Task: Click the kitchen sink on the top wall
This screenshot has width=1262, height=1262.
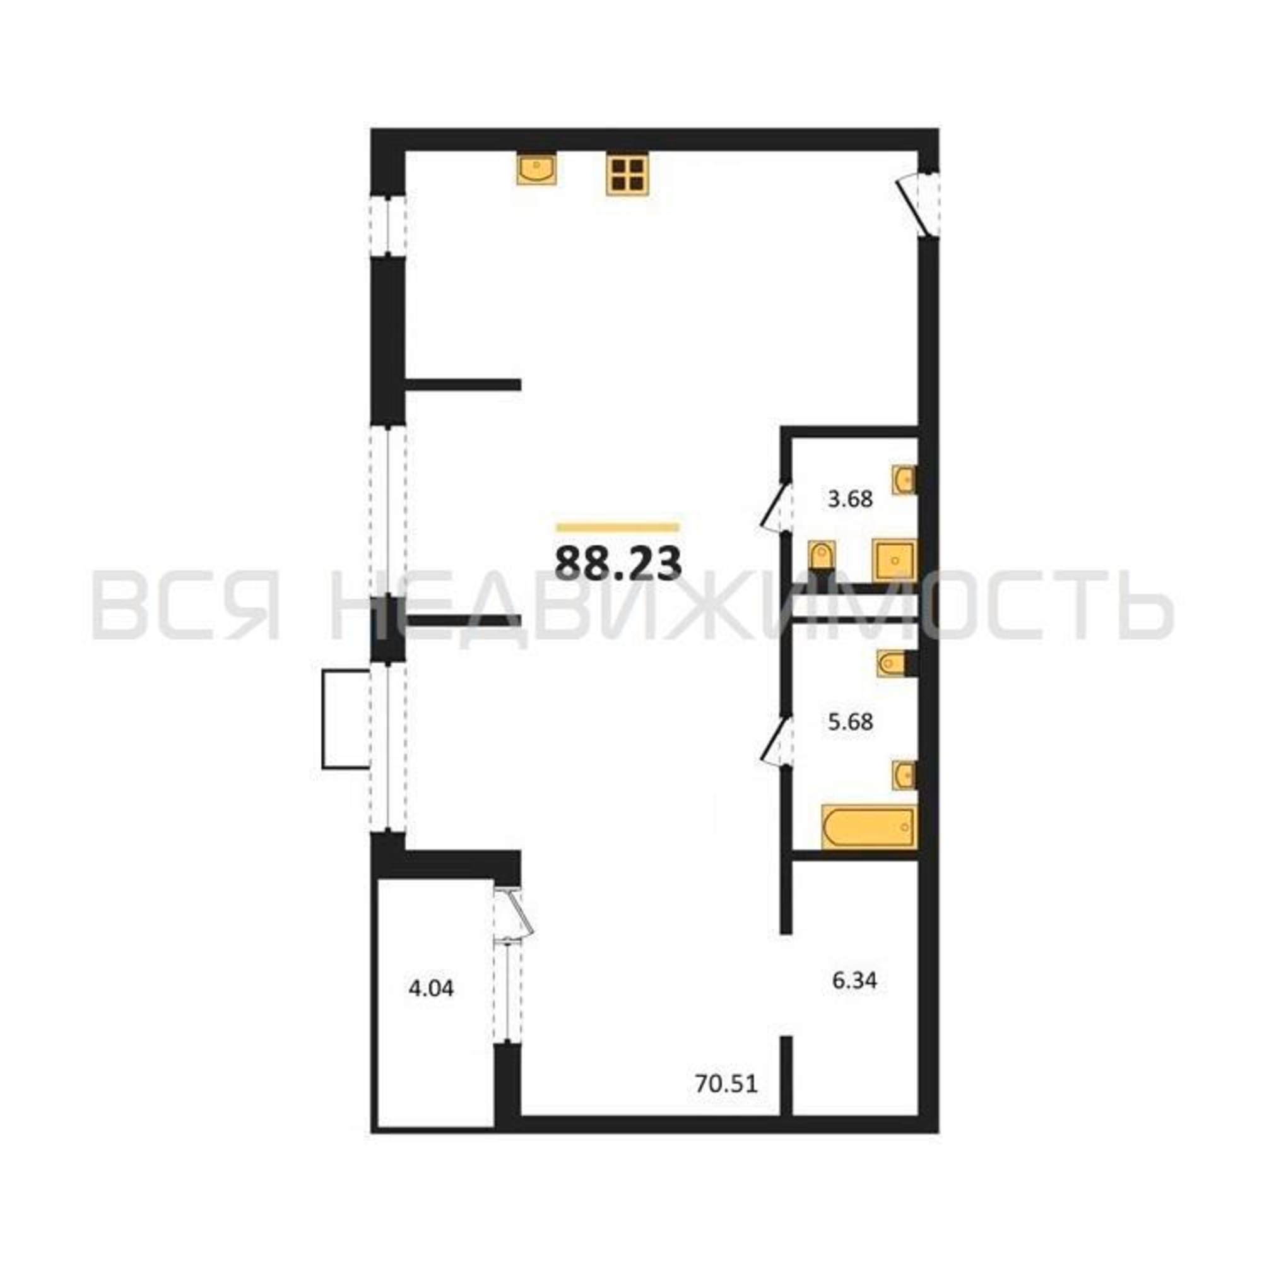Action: (x=536, y=169)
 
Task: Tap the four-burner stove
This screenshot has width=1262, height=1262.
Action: (x=627, y=174)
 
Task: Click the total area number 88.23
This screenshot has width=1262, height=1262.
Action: (x=618, y=562)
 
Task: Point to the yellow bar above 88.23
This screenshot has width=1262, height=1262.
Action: (x=617, y=527)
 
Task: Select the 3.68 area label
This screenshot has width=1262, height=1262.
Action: (x=850, y=500)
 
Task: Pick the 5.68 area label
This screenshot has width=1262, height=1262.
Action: (x=850, y=723)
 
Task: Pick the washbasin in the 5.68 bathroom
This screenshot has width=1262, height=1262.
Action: (x=905, y=775)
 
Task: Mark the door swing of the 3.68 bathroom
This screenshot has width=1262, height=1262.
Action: (x=776, y=507)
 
